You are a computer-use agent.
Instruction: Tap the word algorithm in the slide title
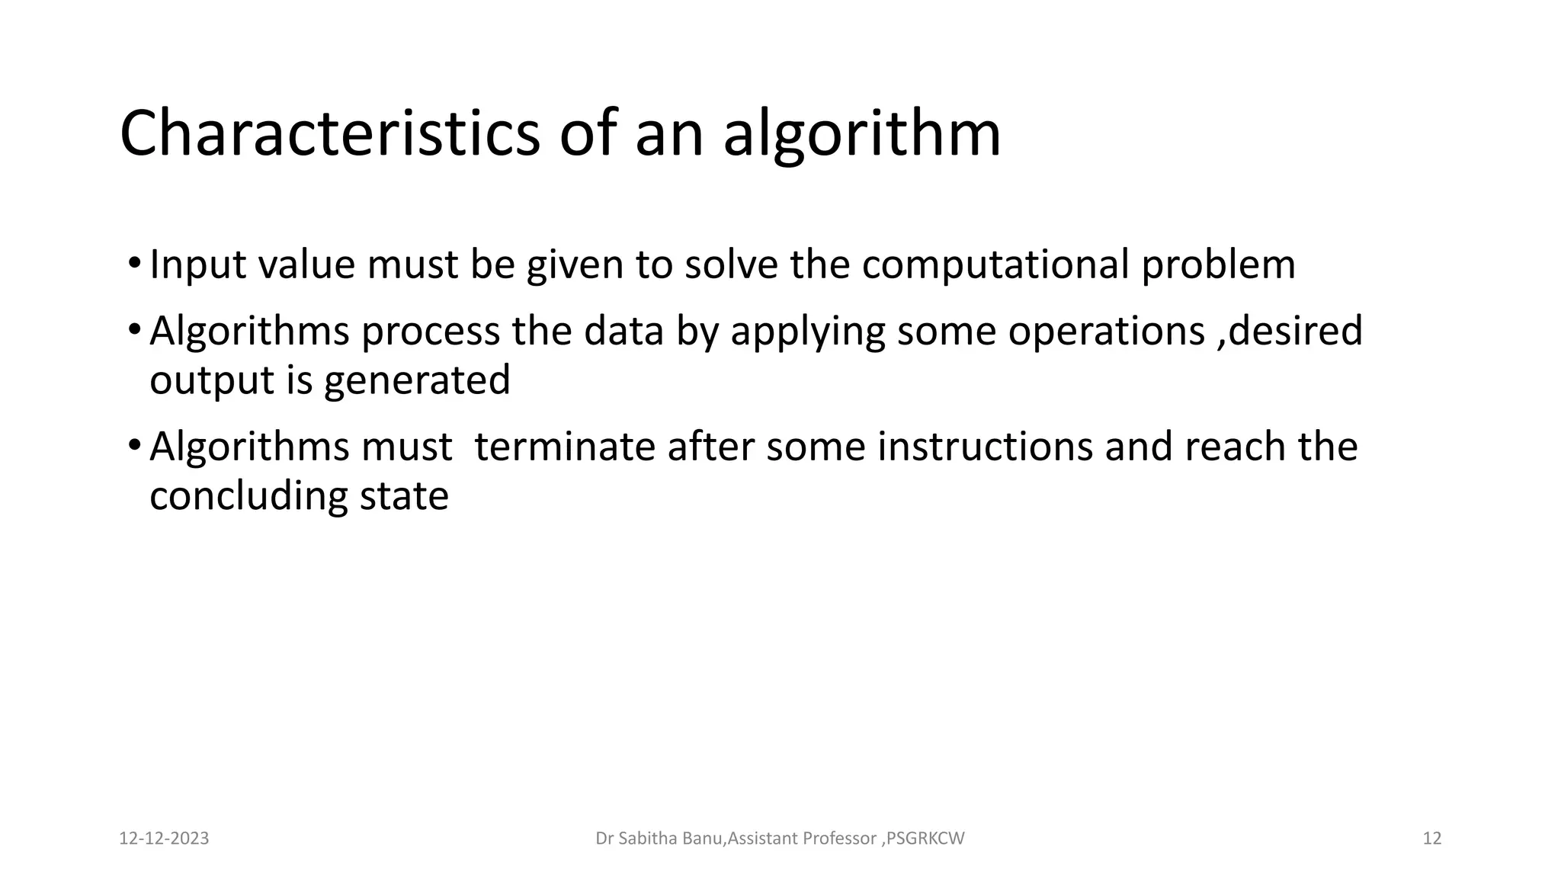(861, 136)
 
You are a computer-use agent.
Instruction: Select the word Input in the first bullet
(197, 265)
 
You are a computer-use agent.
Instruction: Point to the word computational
(995, 265)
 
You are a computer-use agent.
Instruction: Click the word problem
(1218, 265)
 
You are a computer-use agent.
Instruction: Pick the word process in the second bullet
(430, 332)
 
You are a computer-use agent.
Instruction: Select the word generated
(417, 381)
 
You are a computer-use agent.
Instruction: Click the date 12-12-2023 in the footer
(164, 838)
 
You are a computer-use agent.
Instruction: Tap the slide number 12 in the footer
(1432, 838)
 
